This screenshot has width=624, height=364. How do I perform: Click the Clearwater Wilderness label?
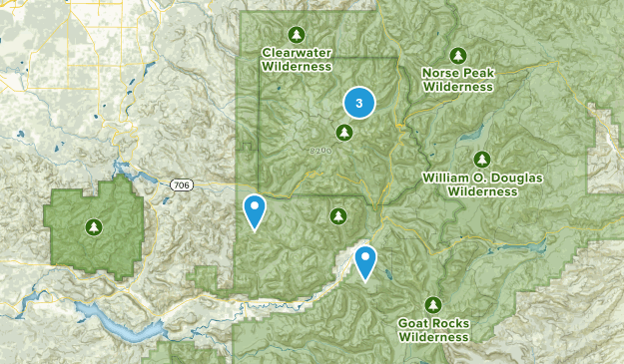pyautogui.click(x=296, y=59)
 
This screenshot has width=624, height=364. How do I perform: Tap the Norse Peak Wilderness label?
pyautogui.click(x=457, y=80)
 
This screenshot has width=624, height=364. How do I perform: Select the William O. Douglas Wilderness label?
pyautogui.click(x=482, y=184)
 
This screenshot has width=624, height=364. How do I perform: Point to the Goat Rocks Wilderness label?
pyautogui.click(x=433, y=330)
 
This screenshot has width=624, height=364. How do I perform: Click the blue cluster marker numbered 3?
pyautogui.click(x=358, y=102)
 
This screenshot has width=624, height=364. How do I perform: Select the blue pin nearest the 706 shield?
pyautogui.click(x=256, y=210)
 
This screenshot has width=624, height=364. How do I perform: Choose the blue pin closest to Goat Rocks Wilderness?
pyautogui.click(x=366, y=261)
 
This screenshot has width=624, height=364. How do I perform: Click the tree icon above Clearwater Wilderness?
pyautogui.click(x=296, y=33)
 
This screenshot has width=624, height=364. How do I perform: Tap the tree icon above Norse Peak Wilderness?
pyautogui.click(x=457, y=55)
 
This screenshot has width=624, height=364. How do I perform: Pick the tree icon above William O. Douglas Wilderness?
pyautogui.click(x=482, y=159)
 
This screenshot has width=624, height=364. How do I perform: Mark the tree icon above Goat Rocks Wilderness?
pyautogui.click(x=433, y=304)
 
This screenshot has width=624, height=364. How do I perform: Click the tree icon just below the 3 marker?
pyautogui.click(x=344, y=132)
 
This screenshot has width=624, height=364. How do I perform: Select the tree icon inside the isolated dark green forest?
pyautogui.click(x=93, y=226)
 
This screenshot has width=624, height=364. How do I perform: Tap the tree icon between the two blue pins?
pyautogui.click(x=337, y=214)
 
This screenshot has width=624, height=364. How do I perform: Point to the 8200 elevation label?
pyautogui.click(x=319, y=151)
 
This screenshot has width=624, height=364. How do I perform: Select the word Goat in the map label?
pyautogui.click(x=415, y=324)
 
